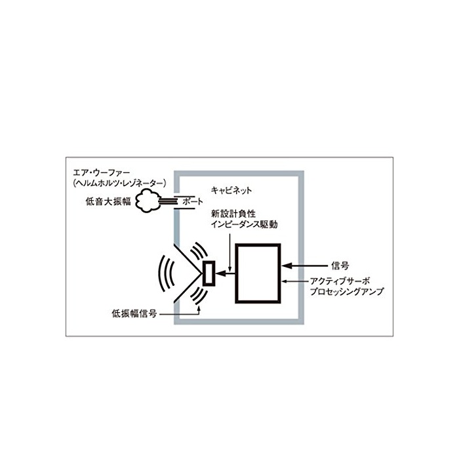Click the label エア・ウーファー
101,172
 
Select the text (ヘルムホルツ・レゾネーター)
119,183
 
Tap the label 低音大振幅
108,202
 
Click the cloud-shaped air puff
148,201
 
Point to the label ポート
192,201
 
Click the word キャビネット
231,191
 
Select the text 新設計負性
233,213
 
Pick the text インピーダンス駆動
245,224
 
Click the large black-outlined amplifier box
258,273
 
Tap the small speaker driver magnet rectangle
209,273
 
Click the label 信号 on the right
340,266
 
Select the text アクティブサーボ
340,281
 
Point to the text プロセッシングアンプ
347,292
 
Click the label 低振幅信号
134,314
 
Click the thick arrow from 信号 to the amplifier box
304,266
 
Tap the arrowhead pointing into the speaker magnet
220,273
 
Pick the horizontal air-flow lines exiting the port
168,201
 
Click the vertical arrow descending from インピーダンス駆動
231,252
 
